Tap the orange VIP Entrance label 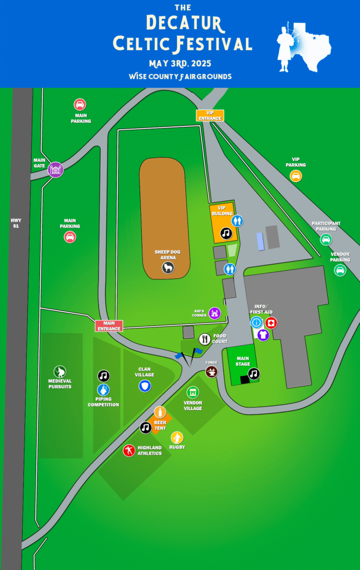(x=210, y=115)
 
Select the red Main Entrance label (x=109, y=326)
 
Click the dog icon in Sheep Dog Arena (x=167, y=268)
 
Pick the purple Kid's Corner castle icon (x=215, y=313)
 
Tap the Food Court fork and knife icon (x=205, y=338)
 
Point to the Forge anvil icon (x=211, y=371)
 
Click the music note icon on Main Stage (x=254, y=374)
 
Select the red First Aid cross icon (x=270, y=322)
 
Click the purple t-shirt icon (x=263, y=335)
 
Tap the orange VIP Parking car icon (x=295, y=176)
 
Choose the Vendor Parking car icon (x=340, y=270)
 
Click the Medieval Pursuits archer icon (x=60, y=371)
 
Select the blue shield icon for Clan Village (x=145, y=386)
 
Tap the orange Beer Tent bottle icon (x=160, y=412)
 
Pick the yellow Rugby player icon (x=177, y=438)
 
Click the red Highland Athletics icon (x=129, y=450)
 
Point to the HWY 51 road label (x=16, y=223)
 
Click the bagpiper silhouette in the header (x=286, y=47)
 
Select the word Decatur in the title (x=184, y=24)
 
